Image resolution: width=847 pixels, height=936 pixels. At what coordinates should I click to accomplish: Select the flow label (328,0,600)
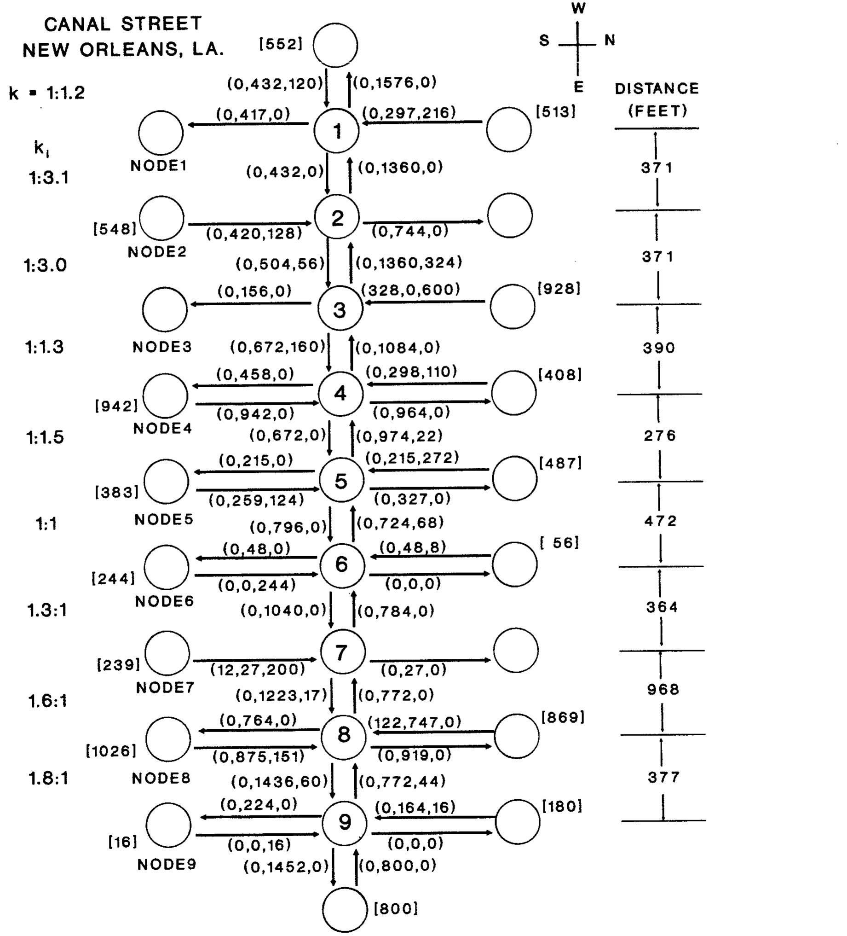tap(410, 290)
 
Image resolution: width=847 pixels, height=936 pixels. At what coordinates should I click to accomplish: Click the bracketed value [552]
tap(281, 44)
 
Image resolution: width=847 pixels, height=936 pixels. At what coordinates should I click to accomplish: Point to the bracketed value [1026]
tap(111, 751)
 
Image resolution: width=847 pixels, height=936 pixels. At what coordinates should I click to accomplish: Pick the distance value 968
tap(663, 690)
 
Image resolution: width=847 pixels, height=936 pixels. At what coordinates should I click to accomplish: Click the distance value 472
tap(661, 521)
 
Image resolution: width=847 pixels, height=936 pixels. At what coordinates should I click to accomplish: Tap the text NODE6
tap(164, 602)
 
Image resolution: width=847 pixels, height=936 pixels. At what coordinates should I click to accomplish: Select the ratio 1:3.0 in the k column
tap(46, 265)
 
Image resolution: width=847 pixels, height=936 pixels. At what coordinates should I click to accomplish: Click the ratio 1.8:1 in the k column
tap(48, 779)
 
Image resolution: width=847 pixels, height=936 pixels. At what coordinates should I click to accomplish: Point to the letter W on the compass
tap(578, 8)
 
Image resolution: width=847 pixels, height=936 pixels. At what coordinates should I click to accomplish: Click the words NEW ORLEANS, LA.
tap(123, 49)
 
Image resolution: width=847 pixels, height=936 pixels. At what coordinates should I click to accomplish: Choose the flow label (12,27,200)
tap(258, 669)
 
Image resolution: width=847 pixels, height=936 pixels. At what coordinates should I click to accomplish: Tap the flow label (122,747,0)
tap(415, 722)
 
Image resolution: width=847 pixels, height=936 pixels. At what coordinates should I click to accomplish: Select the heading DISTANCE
tap(657, 88)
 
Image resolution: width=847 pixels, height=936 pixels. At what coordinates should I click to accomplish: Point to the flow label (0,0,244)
tap(257, 586)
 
